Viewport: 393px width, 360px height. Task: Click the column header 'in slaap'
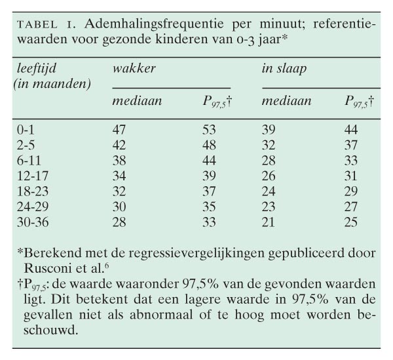[284, 68]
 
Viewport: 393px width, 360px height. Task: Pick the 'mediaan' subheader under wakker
[137, 101]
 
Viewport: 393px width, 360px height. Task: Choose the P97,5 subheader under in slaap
[359, 102]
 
